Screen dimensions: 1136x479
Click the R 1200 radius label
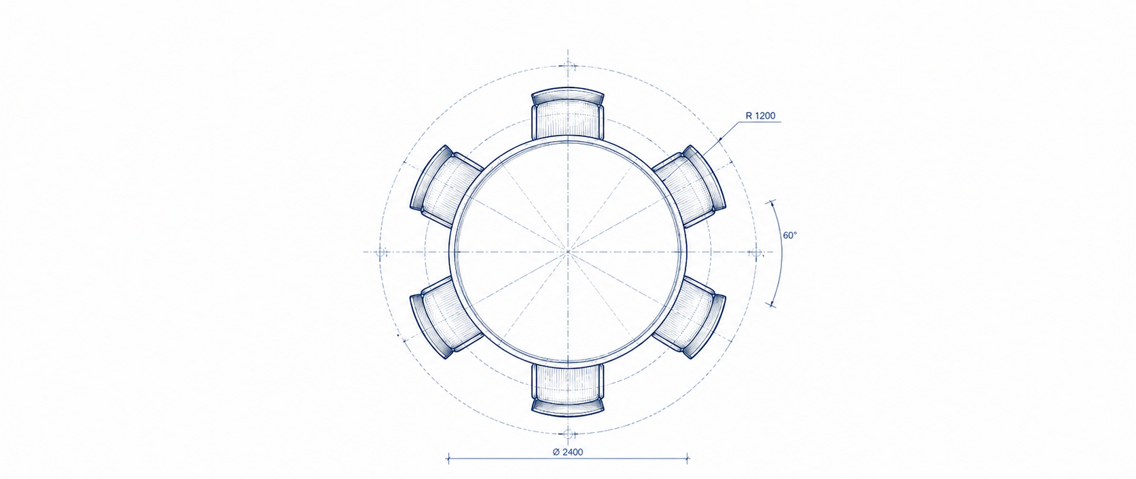pyautogui.click(x=760, y=116)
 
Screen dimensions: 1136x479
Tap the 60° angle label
pyautogui.click(x=789, y=235)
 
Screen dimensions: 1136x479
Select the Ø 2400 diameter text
pyautogui.click(x=568, y=452)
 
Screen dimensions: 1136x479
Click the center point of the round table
pyautogui.click(x=568, y=252)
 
